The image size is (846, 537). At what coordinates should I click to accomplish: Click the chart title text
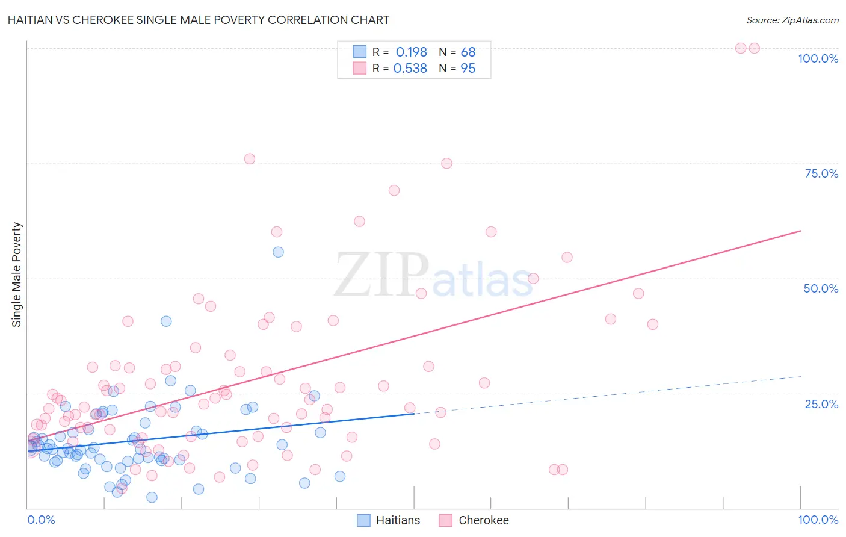tap(199, 20)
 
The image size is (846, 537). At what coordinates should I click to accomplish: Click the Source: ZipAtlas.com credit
tap(792, 20)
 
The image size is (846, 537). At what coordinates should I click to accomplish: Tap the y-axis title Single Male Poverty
tap(17, 275)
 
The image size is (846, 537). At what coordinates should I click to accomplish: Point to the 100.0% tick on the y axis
tap(818, 58)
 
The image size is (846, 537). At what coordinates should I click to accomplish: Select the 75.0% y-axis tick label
tap(821, 173)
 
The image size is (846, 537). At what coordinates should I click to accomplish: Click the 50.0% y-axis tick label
tap(821, 288)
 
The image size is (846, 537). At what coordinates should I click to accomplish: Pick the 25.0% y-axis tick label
tap(821, 403)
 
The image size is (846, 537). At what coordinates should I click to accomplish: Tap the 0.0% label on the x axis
tap(41, 520)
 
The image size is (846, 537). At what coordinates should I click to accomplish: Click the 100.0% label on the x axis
tap(818, 520)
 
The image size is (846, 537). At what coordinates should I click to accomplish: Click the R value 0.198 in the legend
tap(411, 52)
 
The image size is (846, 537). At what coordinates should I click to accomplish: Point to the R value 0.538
tap(410, 69)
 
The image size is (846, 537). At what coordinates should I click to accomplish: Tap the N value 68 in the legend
tap(468, 52)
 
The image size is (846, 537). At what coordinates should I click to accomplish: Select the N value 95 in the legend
tap(468, 69)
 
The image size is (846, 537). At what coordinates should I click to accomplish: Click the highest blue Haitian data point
tap(278, 252)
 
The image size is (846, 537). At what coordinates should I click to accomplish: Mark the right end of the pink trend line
tap(800, 231)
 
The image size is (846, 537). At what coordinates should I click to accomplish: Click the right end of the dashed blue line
tap(800, 376)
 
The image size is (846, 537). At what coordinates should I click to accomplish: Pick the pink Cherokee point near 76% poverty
tap(250, 159)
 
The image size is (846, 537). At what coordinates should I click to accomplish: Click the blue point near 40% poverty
tap(166, 321)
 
